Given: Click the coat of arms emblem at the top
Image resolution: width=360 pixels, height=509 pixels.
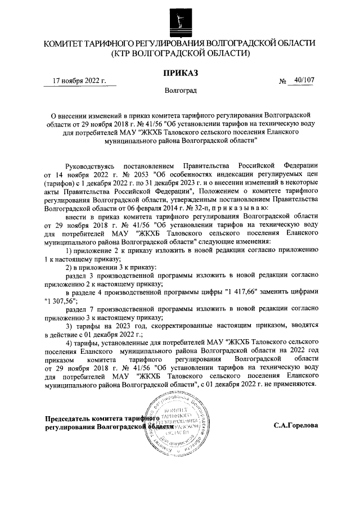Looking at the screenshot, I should tap(180, 19).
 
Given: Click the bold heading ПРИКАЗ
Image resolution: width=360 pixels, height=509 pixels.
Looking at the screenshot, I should tap(180, 72).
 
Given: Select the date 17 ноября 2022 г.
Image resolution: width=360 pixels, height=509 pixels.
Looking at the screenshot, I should tap(79, 81).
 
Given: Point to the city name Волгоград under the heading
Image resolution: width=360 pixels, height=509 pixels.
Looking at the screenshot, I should tap(180, 90).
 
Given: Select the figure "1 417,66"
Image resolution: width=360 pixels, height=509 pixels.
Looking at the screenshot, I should tap(245, 292).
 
